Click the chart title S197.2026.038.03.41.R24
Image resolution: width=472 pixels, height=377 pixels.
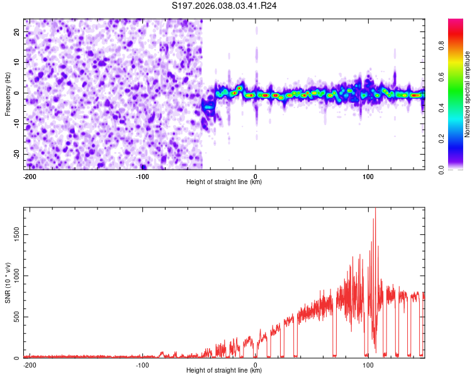(225, 6)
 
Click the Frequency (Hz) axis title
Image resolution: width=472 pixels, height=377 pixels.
(8, 94)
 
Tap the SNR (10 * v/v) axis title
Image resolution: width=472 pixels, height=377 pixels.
(8, 283)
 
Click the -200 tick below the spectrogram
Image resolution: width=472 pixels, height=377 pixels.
(29, 176)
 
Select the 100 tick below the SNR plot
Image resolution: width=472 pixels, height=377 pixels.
(368, 364)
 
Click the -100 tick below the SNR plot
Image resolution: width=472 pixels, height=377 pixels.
(142, 364)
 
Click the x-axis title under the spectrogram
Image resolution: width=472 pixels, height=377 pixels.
(224, 182)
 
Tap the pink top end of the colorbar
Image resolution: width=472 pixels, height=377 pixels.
(455, 22)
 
